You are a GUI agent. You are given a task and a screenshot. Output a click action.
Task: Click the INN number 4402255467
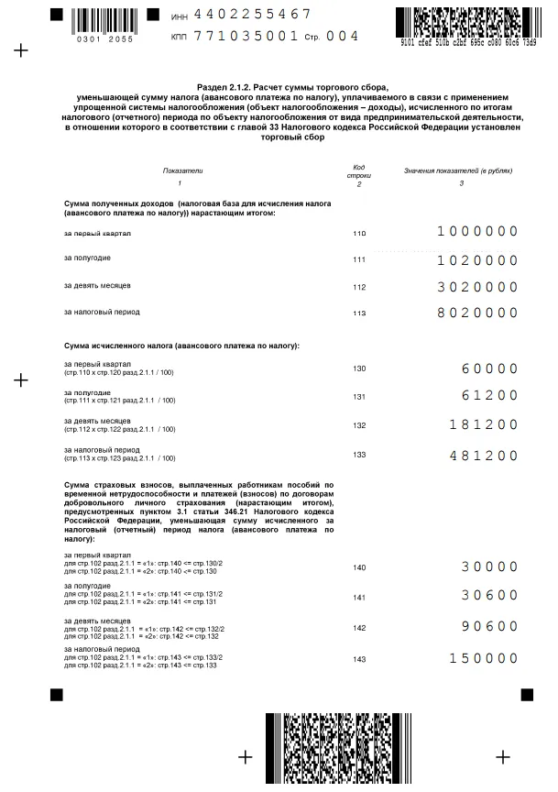(x=254, y=15)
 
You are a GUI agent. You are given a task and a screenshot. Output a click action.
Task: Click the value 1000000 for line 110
(x=477, y=232)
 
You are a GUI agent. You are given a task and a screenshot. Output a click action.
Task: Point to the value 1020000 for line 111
(x=477, y=260)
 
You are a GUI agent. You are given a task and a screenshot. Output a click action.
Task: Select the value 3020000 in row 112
(x=477, y=287)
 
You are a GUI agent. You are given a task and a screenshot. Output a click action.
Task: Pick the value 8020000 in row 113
(x=477, y=313)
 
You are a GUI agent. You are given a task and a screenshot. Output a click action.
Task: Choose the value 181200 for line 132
(x=484, y=425)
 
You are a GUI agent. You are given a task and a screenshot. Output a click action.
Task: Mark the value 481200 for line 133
(x=484, y=456)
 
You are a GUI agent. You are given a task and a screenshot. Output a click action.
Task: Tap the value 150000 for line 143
(x=484, y=658)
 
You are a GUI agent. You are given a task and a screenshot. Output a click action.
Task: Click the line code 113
(x=359, y=313)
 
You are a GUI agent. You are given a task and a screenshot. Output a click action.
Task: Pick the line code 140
(x=359, y=567)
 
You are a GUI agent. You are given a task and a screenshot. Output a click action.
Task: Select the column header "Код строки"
(x=359, y=170)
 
